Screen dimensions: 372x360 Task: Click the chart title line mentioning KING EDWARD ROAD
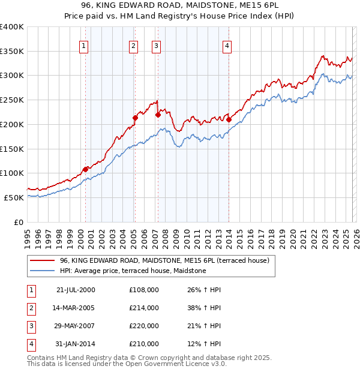(180, 6)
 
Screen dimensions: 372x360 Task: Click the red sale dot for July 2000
(86, 169)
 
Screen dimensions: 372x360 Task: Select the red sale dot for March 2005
(135, 118)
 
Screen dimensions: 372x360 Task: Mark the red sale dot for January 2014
(229, 119)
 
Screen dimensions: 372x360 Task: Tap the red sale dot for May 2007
(158, 115)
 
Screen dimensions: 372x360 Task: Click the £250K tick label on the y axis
(12, 100)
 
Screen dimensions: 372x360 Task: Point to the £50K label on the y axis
(14, 197)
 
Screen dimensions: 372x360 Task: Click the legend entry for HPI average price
(133, 271)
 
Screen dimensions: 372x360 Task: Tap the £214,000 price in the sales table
(143, 308)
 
